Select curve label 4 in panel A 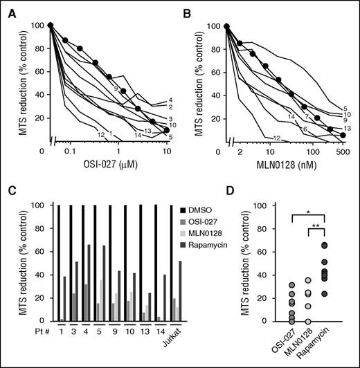tap(170, 100)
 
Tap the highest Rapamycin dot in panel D tap(322, 246)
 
